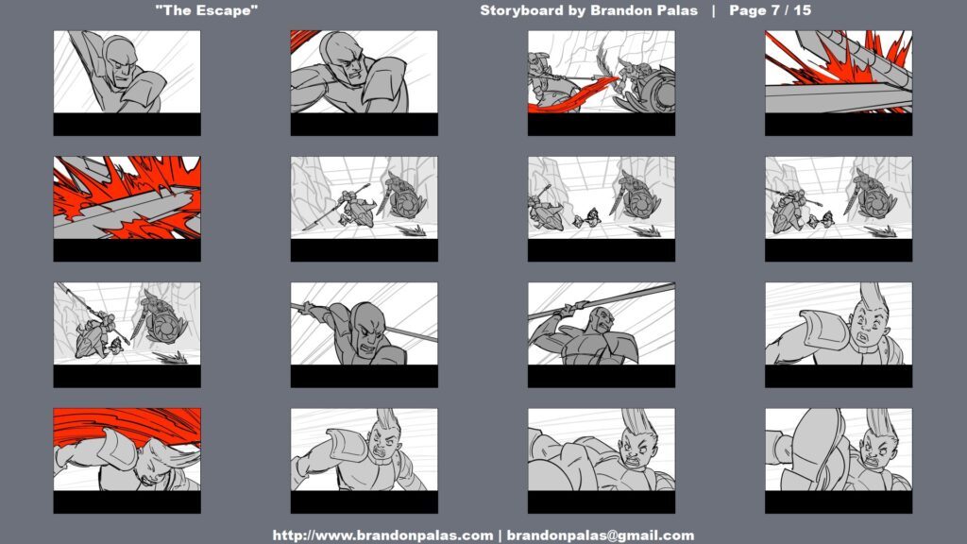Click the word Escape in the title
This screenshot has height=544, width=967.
point(228,10)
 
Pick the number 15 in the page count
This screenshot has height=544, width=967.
point(803,10)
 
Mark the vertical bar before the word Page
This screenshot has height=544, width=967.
point(714,10)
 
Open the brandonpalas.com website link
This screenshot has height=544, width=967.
point(382,535)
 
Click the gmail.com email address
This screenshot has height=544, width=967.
point(601,535)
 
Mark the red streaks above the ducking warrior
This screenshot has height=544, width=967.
point(127,426)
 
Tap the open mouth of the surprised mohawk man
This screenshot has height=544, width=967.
point(861,339)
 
